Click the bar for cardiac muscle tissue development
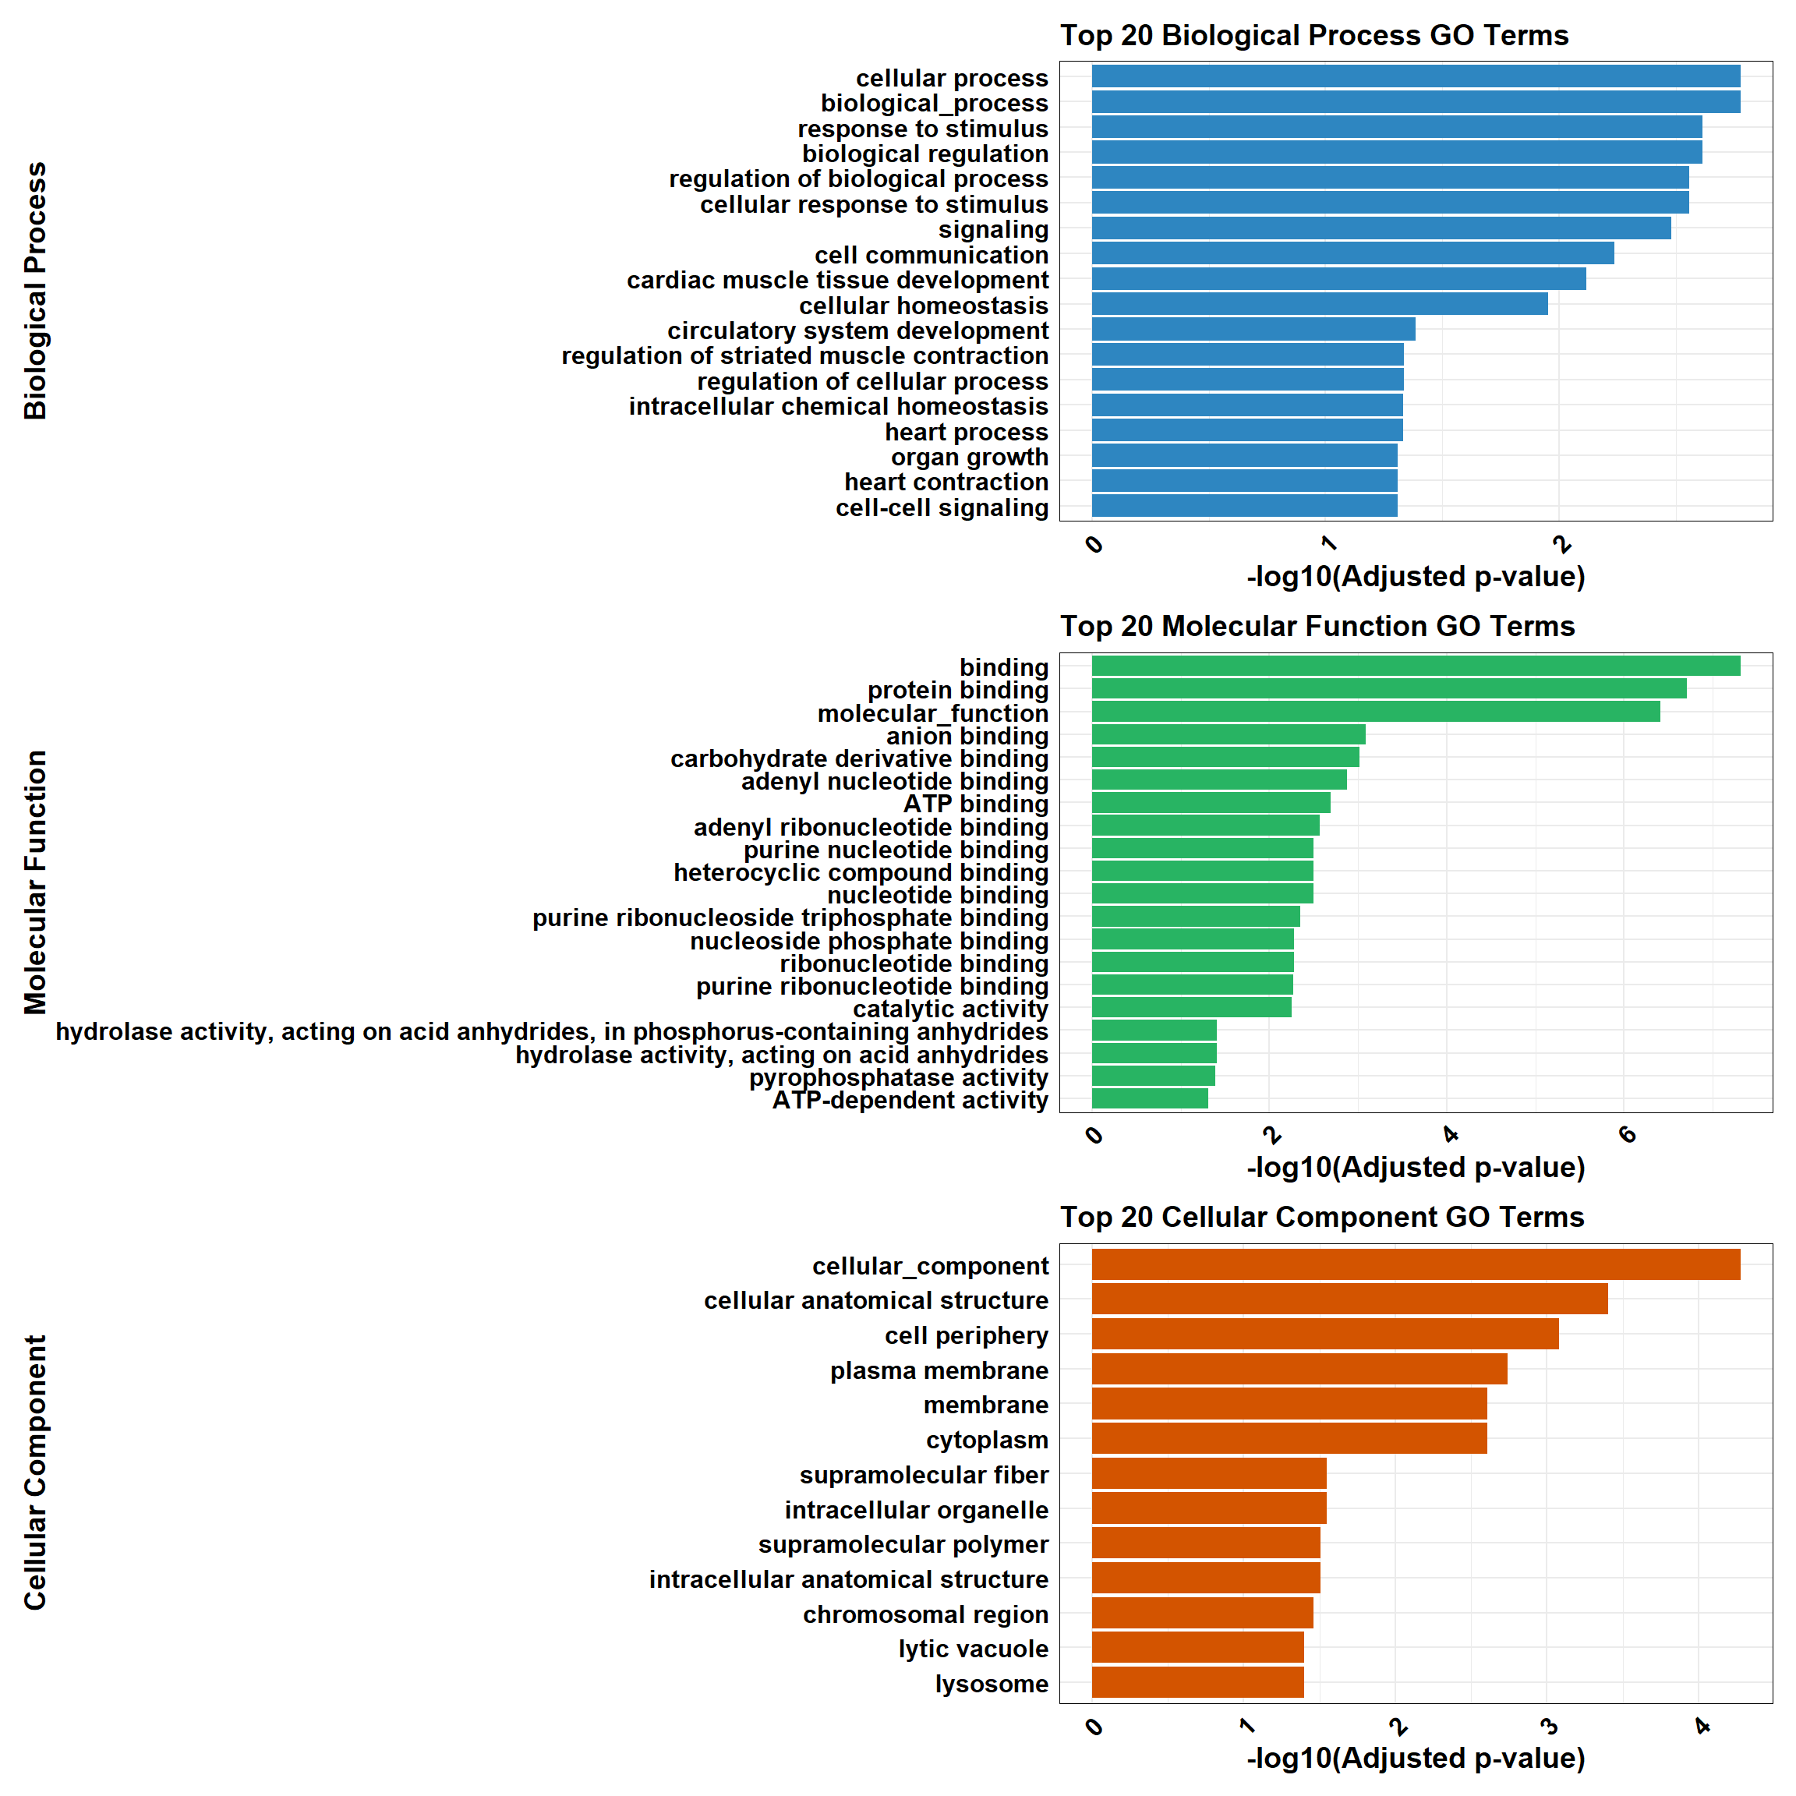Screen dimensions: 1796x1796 1338,279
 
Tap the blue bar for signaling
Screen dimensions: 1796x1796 1381,228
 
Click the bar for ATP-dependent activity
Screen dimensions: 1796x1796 1149,1099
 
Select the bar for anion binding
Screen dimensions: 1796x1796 1227,734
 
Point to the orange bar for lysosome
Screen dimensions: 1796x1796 1197,1683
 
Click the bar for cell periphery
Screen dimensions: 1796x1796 1324,1334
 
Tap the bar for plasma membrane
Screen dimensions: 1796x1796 1299,1370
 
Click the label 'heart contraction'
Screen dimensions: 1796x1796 946,483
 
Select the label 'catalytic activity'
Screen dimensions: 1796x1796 950,1009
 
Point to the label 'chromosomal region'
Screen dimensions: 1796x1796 925,1614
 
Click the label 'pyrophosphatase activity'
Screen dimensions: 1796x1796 898,1077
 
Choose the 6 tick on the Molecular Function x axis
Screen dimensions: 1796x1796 1627,1134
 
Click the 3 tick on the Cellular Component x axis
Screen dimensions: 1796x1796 1549,1727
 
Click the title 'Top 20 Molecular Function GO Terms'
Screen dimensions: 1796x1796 1317,627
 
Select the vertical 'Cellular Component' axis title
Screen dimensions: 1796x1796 35,1473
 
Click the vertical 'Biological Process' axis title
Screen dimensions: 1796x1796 35,291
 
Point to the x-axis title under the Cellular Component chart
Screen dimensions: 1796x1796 1415,1758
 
